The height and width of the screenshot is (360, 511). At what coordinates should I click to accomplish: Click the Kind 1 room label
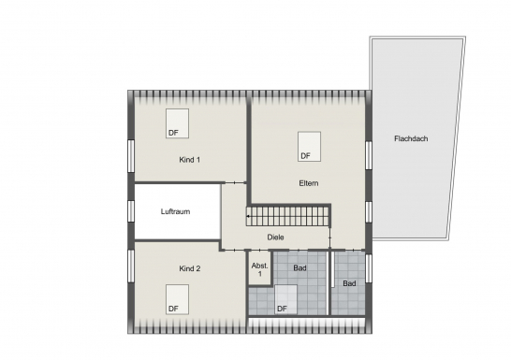189,160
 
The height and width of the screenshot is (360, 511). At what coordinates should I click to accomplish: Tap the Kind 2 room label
190,268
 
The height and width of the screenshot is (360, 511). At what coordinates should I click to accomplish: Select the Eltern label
309,183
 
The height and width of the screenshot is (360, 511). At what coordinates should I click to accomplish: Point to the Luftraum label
175,211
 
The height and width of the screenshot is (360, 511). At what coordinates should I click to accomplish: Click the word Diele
275,238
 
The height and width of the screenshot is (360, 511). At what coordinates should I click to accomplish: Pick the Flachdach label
411,138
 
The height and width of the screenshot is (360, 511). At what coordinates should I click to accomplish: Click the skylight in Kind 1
177,123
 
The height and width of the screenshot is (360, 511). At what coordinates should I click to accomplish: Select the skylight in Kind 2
177,299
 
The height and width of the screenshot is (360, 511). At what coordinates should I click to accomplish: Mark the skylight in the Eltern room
309,147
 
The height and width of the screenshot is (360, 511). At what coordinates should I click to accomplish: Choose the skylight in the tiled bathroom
285,299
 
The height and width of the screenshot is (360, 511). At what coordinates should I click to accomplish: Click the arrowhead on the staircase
248,216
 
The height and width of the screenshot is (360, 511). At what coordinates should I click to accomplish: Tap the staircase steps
287,216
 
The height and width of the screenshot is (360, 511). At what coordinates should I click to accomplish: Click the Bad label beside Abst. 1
299,267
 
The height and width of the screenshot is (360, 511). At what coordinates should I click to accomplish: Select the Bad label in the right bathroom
349,283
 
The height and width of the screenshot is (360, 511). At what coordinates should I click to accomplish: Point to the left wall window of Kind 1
131,156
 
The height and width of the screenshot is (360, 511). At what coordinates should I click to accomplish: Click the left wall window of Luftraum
131,211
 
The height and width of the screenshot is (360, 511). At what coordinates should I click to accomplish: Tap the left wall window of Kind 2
131,266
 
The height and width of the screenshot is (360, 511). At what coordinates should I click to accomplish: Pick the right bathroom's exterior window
369,268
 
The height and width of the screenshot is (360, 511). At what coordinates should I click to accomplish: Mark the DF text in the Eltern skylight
305,156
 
